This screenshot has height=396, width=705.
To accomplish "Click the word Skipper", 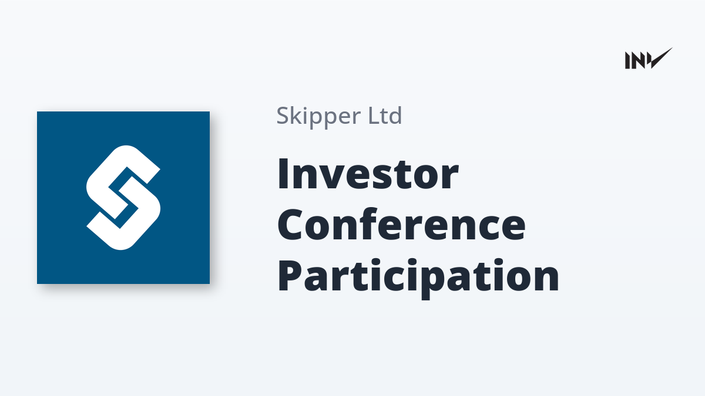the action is click(318, 117).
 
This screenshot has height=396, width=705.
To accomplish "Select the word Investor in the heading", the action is click(368, 174).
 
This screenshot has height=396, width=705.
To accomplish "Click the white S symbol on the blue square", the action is click(123, 198).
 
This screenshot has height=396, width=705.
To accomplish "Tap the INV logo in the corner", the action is click(649, 59).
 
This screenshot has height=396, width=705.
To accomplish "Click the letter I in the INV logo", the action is click(627, 60).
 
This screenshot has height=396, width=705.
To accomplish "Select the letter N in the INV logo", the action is click(638, 60).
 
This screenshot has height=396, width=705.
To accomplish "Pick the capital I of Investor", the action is click(284, 174).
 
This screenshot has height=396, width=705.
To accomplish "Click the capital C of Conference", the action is click(291, 224).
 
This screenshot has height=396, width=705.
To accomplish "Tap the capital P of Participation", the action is click(290, 275).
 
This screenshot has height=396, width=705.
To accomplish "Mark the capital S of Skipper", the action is click(283, 116).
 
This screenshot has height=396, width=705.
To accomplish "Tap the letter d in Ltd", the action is click(395, 116).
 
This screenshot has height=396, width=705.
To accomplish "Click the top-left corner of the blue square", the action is click(37, 111).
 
